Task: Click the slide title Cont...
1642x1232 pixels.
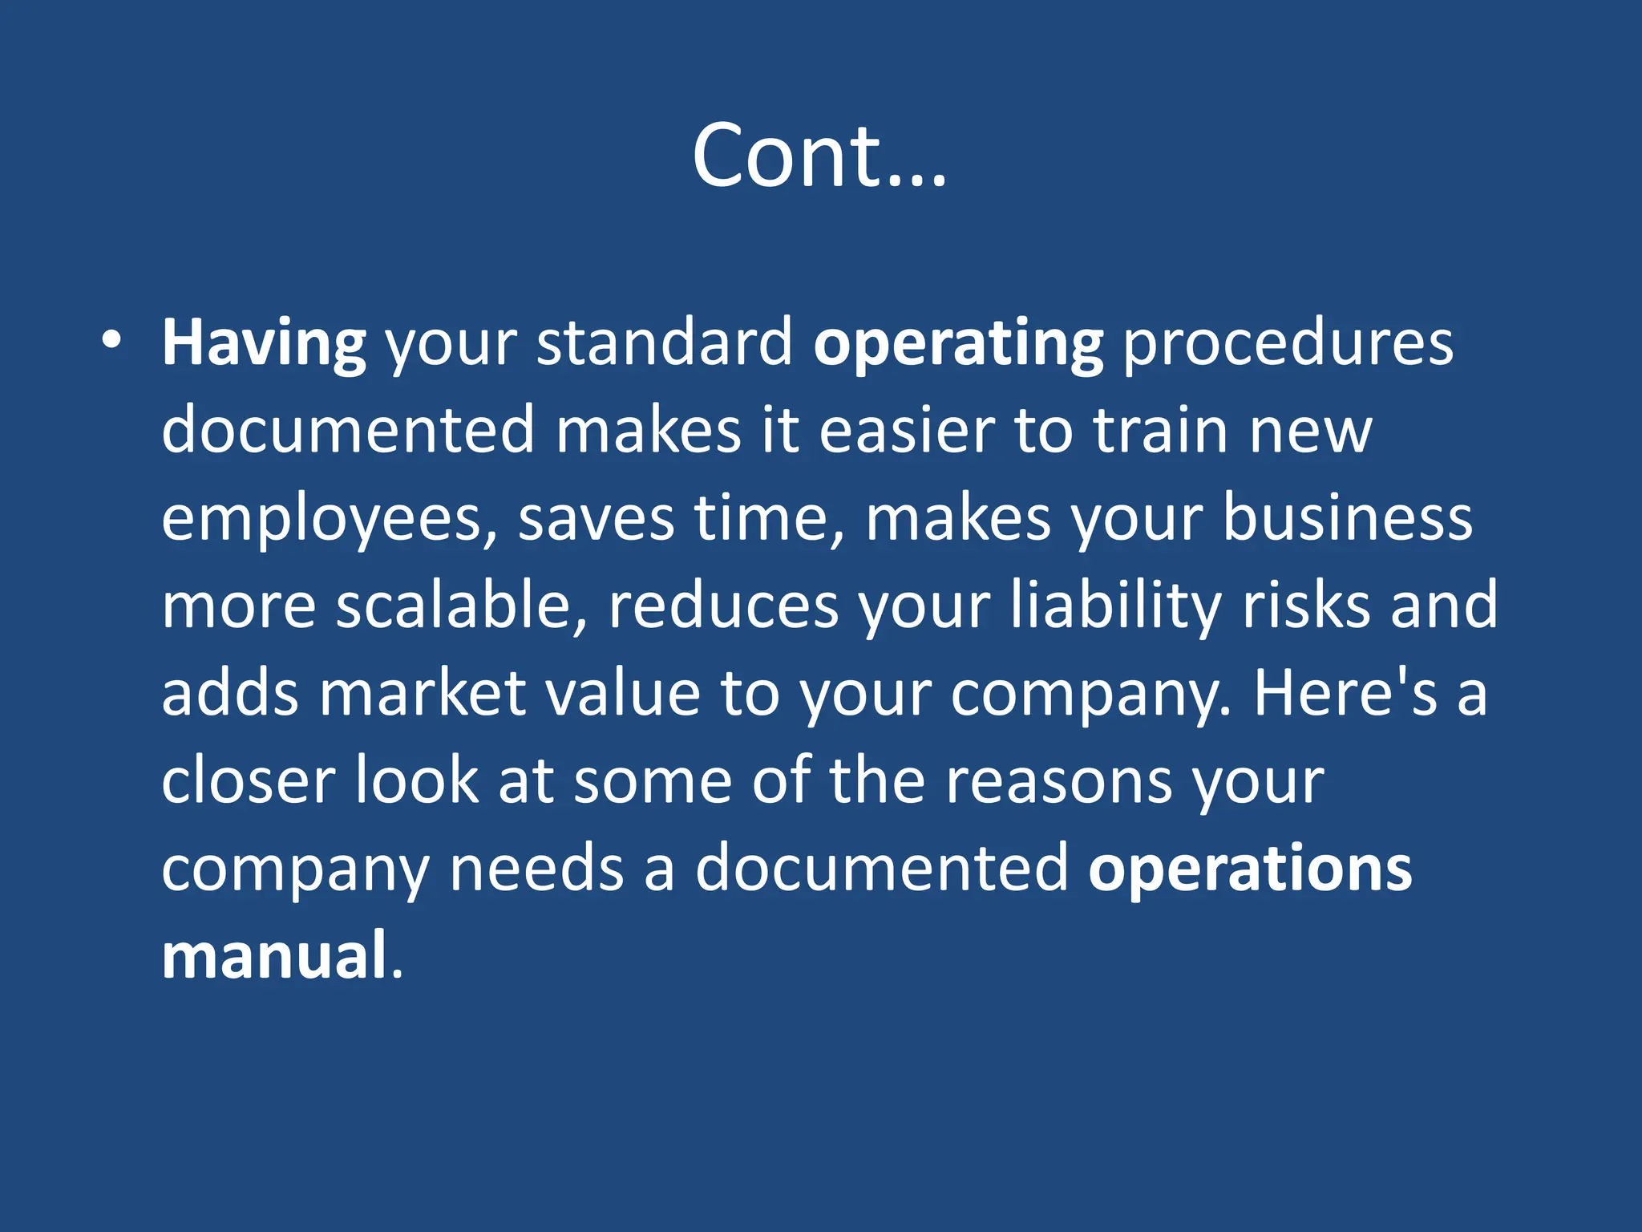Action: coord(819,156)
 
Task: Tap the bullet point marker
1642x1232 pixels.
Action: coord(111,340)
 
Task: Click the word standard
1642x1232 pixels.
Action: coord(665,343)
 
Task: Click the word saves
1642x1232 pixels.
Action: coord(596,520)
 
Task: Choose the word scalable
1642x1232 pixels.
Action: coord(462,606)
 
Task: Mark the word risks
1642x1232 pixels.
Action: coord(1306,606)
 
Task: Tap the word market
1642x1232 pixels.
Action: coord(423,693)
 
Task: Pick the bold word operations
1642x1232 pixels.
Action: coord(1249,869)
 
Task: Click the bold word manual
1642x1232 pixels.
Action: coord(274,956)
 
